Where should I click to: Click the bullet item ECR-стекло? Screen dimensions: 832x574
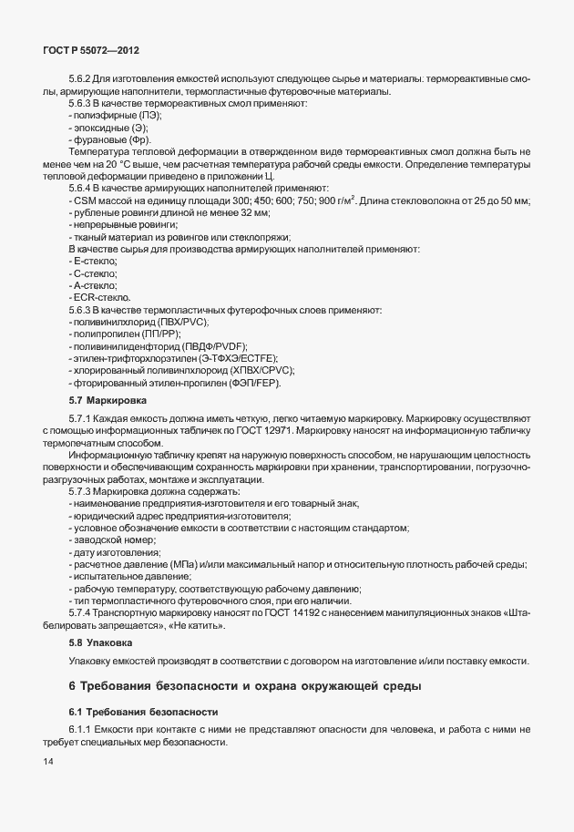[102, 298]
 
